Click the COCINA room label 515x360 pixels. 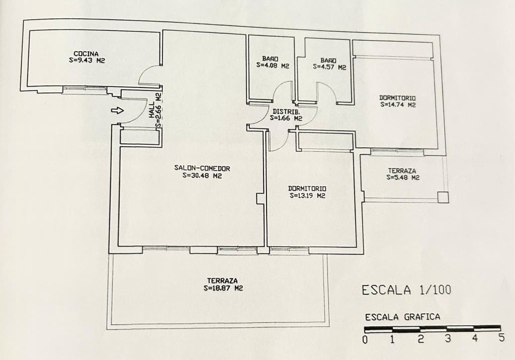pos(85,53)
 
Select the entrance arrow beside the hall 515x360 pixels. pos(117,111)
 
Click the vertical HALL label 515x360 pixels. pos(151,110)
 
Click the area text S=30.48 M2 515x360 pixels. pos(203,176)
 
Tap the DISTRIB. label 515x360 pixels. pos(286,112)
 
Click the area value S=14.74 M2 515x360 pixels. pos(398,105)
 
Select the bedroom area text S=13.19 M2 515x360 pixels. pos(307,196)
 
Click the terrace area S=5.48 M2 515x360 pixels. pos(403,177)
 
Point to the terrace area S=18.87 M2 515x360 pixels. pos(222,289)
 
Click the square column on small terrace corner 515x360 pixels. pos(443,198)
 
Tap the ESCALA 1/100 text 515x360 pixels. pos(406,290)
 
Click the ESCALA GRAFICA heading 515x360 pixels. pos(402,317)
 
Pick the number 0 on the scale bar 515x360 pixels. pos(365,339)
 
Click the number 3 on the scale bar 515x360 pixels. pos(447,339)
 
